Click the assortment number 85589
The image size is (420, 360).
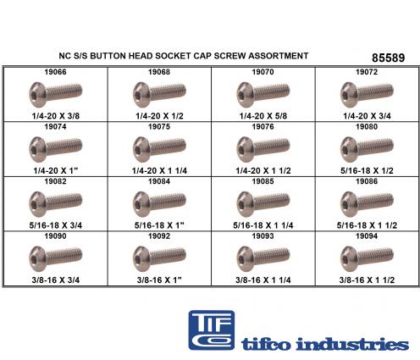(x=388, y=58)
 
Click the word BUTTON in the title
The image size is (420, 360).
(x=108, y=56)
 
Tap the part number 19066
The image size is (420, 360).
(x=55, y=72)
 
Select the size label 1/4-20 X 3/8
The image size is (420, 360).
(x=56, y=116)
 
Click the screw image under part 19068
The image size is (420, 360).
(x=159, y=95)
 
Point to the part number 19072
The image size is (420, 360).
(x=367, y=72)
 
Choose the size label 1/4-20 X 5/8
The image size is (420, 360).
(x=263, y=116)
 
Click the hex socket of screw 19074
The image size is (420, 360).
(x=35, y=150)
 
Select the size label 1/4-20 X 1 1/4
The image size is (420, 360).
(x=159, y=170)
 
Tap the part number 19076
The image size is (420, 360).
(x=262, y=127)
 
